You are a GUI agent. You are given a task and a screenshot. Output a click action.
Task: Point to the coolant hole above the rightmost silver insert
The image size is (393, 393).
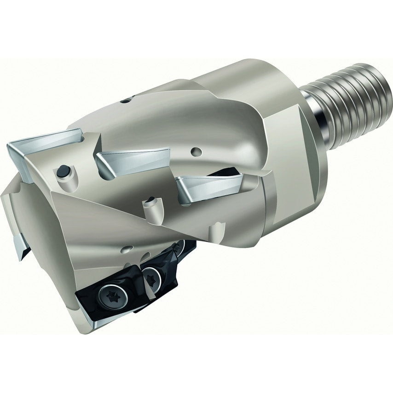(197, 150)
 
